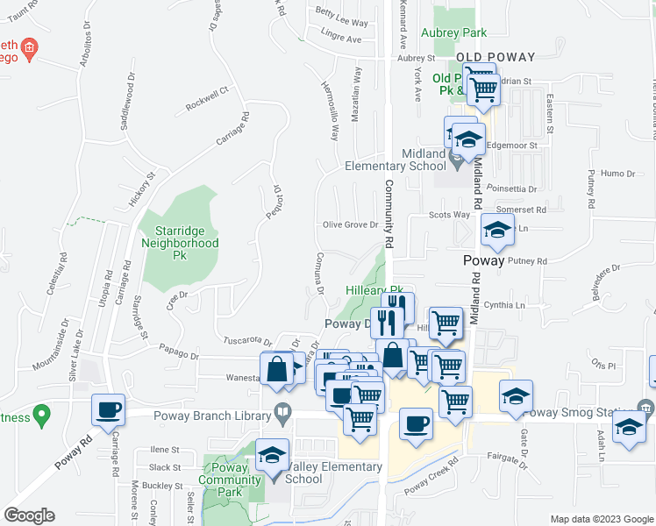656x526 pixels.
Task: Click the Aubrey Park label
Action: tap(453, 32)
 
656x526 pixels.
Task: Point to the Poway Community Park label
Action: tap(230, 480)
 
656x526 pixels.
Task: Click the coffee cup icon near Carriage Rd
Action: tap(109, 409)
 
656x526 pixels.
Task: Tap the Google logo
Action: tap(29, 515)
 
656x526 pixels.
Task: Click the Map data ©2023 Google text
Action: tap(601, 519)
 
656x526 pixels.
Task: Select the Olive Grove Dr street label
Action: tap(350, 224)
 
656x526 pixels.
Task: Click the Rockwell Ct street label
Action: tap(207, 103)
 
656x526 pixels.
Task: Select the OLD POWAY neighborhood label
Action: tap(496, 57)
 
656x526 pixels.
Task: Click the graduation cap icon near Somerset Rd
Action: tap(497, 231)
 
